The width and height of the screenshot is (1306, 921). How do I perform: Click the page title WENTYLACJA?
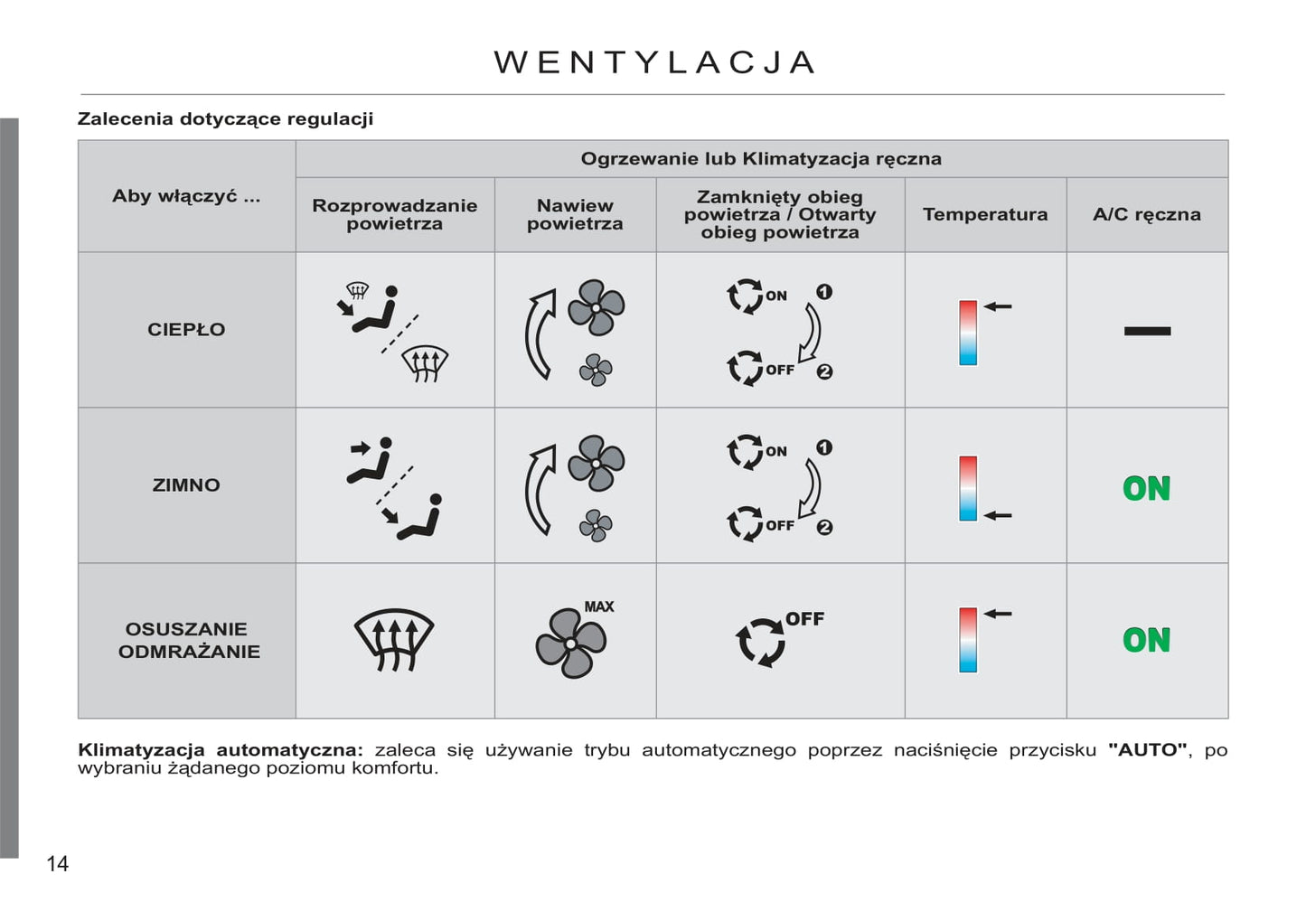[654, 62]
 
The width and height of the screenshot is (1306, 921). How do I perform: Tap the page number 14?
[57, 864]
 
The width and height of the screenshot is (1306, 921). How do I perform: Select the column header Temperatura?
[985, 214]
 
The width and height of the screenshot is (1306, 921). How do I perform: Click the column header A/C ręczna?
[1146, 214]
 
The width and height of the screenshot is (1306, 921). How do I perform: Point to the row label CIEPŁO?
[186, 330]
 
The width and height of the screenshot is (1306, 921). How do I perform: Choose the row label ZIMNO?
[186, 485]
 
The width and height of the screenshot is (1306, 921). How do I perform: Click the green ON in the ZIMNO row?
[1146, 489]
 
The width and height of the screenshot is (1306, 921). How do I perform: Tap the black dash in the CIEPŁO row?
[1147, 331]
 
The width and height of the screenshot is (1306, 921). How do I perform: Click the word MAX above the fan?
[598, 606]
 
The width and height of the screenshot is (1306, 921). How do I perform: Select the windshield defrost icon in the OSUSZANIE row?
[394, 639]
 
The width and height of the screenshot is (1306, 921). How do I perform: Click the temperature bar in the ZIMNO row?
[968, 488]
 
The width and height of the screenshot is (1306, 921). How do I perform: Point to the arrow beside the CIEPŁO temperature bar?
[998, 306]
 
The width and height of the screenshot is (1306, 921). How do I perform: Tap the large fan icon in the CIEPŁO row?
[597, 307]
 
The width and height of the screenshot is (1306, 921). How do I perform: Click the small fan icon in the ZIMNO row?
[596, 525]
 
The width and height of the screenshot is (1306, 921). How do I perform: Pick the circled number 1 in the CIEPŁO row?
[824, 292]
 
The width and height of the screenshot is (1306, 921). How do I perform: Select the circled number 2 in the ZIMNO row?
[824, 527]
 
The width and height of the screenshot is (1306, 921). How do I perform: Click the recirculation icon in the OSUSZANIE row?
[760, 642]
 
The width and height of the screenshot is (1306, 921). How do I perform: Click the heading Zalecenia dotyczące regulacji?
[225, 118]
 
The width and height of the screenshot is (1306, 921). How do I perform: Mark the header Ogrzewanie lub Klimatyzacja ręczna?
[761, 159]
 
